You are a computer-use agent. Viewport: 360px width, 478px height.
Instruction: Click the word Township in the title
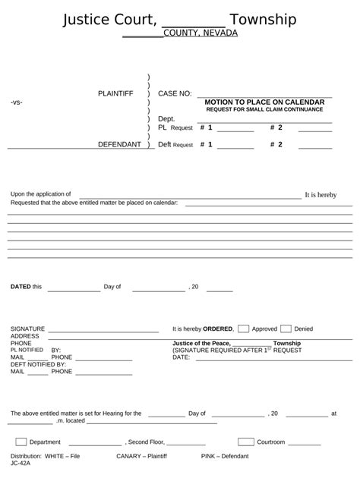[263, 20]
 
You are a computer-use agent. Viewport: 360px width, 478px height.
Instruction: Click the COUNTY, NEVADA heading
[201, 33]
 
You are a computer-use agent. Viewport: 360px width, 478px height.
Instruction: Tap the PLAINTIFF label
[115, 93]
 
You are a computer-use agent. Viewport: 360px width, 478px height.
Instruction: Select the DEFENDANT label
[119, 144]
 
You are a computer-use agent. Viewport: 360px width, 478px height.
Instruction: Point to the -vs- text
[17, 102]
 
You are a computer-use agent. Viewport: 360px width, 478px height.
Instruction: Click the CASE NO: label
[175, 93]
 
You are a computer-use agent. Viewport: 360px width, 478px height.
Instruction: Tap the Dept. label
[166, 119]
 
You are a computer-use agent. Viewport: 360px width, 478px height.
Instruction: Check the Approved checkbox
[244, 329]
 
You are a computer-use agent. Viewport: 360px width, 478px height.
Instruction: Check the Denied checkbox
[286, 329]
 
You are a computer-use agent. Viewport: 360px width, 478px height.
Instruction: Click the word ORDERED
[218, 329]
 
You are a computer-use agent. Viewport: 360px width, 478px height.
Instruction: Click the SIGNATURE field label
[28, 329]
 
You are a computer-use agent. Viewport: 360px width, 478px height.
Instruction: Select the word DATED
[21, 287]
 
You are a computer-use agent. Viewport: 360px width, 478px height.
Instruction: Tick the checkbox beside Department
[21, 442]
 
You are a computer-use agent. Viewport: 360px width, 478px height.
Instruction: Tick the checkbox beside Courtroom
[245, 442]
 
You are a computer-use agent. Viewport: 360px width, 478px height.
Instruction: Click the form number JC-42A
[21, 463]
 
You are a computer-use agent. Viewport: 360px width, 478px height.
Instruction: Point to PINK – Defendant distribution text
[225, 456]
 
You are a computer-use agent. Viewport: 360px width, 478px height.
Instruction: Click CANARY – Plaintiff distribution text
[141, 456]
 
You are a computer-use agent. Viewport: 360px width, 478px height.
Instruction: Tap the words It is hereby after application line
[321, 195]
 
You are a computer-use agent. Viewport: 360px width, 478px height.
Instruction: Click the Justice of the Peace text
[201, 344]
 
